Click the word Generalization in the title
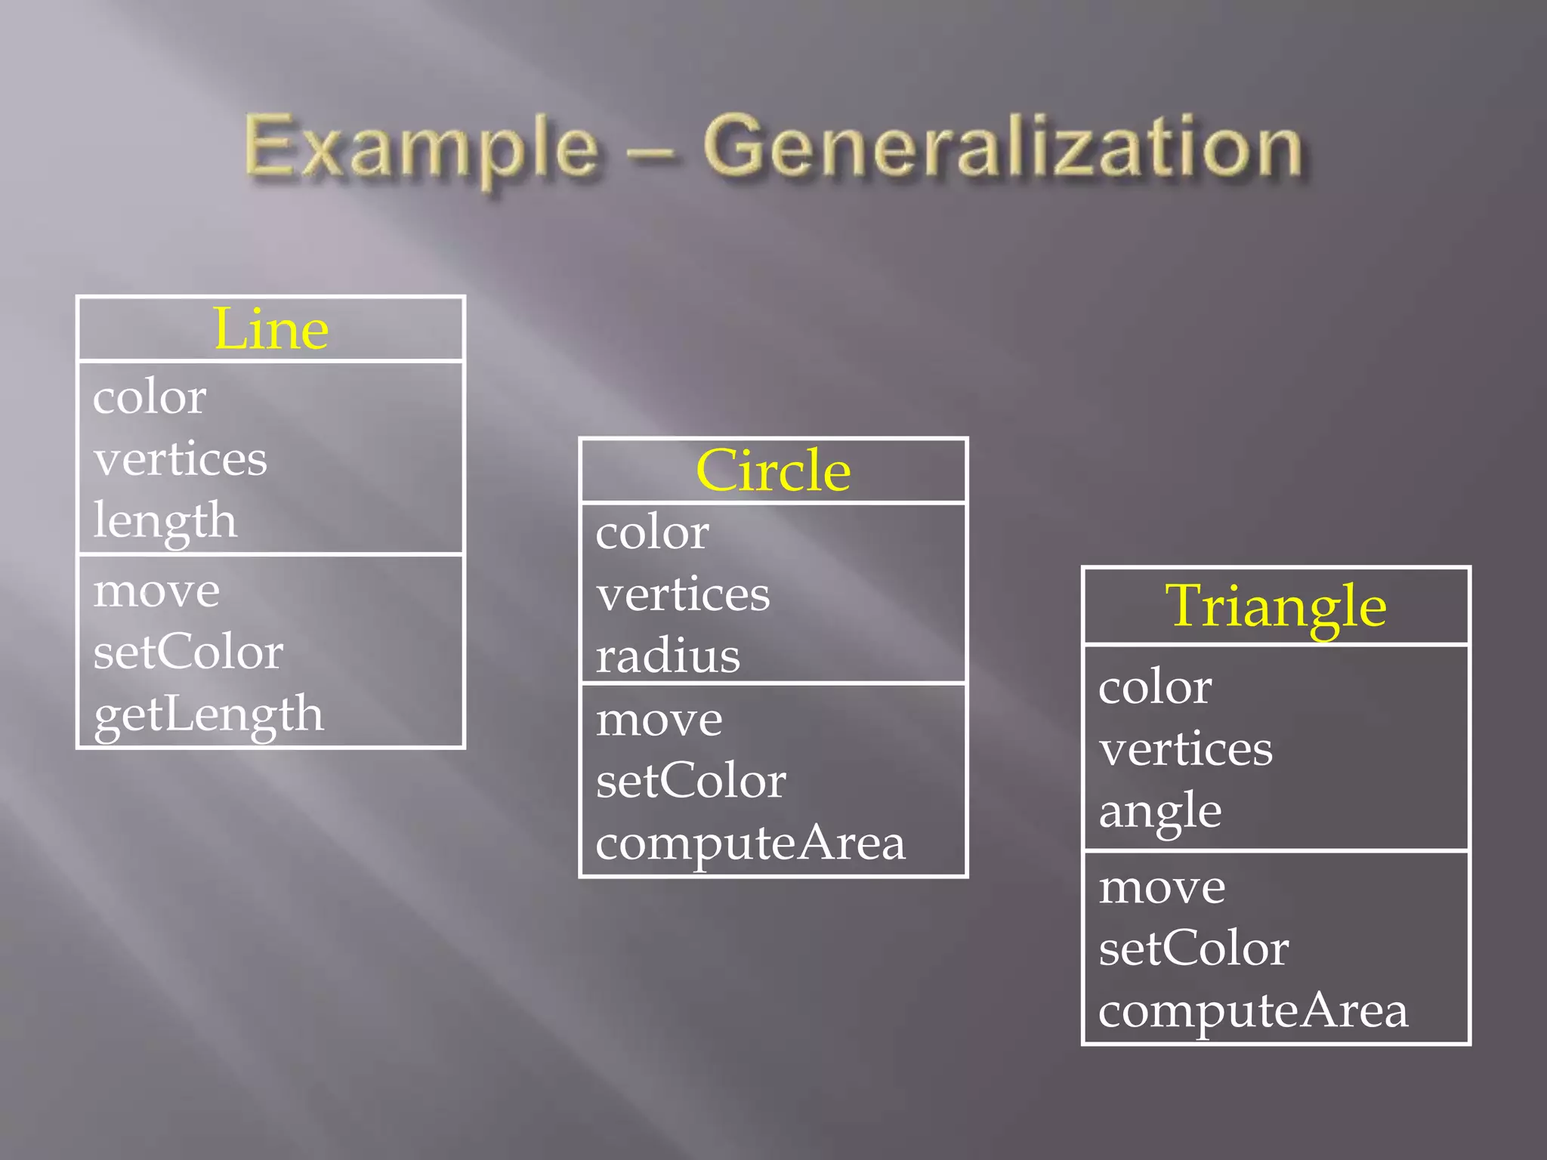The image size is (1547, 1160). pyautogui.click(x=1003, y=147)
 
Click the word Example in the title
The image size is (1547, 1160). pyautogui.click(x=421, y=147)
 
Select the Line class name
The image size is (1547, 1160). pyautogui.click(x=271, y=329)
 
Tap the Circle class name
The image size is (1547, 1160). pyautogui.click(x=773, y=470)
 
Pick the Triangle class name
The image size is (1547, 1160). pyautogui.click(x=1276, y=606)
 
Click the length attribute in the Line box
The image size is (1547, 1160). pyautogui.click(x=165, y=520)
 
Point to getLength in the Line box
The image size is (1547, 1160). pyautogui.click(x=208, y=714)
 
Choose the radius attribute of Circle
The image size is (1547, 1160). pyautogui.click(x=668, y=656)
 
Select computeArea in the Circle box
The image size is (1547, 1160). pyautogui.click(x=750, y=843)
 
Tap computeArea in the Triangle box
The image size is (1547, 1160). pyautogui.click(x=1253, y=1010)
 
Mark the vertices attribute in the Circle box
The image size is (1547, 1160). pyautogui.click(x=683, y=594)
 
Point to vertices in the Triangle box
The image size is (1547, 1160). pyautogui.click(x=1186, y=749)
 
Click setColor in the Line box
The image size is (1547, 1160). pyautogui.click(x=188, y=652)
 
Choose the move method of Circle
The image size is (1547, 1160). pyautogui.click(x=659, y=719)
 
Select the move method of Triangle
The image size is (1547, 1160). pyautogui.click(x=1162, y=887)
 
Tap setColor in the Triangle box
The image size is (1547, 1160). pyautogui.click(x=1193, y=949)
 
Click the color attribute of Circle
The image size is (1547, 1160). pyautogui.click(x=652, y=532)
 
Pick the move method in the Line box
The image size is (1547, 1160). pyautogui.click(x=156, y=590)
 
